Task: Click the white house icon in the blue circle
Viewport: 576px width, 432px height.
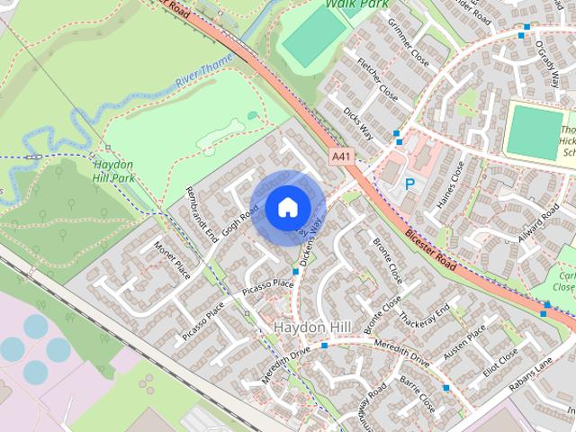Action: [x=287, y=207]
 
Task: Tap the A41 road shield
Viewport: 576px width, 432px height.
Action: [x=340, y=156]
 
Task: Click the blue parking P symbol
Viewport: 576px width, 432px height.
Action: [x=409, y=184]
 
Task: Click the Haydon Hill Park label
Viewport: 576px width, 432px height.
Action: [x=114, y=171]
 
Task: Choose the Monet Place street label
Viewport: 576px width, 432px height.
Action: [x=173, y=260]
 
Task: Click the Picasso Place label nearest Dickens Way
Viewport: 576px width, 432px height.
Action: [x=268, y=285]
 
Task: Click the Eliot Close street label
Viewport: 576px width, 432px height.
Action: [x=501, y=361]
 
